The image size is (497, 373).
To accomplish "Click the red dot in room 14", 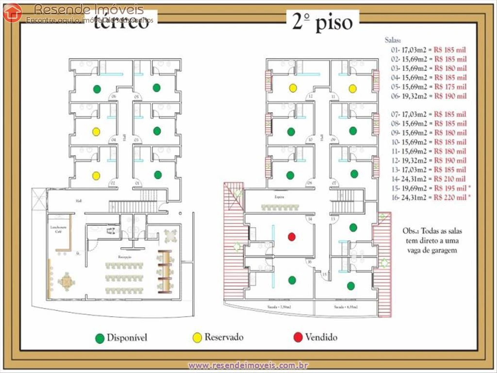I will tap(292, 237).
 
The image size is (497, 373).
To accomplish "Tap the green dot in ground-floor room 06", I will tap(97, 89).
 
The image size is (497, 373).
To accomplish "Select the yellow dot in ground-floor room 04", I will tap(96, 131).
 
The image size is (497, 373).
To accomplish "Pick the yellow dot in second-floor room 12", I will tap(293, 88).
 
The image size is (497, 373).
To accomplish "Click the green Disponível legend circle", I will tap(100, 338).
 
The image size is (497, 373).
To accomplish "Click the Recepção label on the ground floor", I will tap(124, 256).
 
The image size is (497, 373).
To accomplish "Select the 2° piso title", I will tap(322, 23).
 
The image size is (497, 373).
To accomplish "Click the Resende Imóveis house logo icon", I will tap(13, 13).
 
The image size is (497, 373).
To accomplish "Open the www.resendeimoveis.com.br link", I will tap(248, 365).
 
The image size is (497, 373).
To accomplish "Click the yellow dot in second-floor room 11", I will tap(352, 88).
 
